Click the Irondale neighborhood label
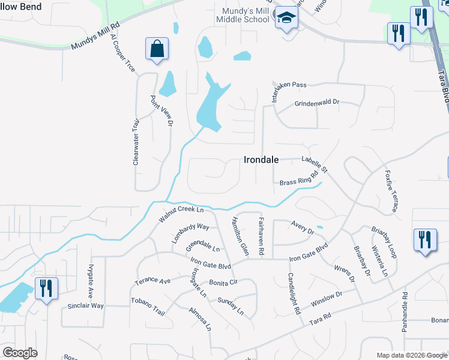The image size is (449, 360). (262, 160)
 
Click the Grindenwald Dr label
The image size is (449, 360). (316, 103)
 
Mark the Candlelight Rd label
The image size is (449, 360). (292, 294)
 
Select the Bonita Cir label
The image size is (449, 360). (224, 282)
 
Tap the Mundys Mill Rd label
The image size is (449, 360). (96, 37)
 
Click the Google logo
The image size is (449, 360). (20, 352)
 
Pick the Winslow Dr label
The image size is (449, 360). (326, 299)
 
